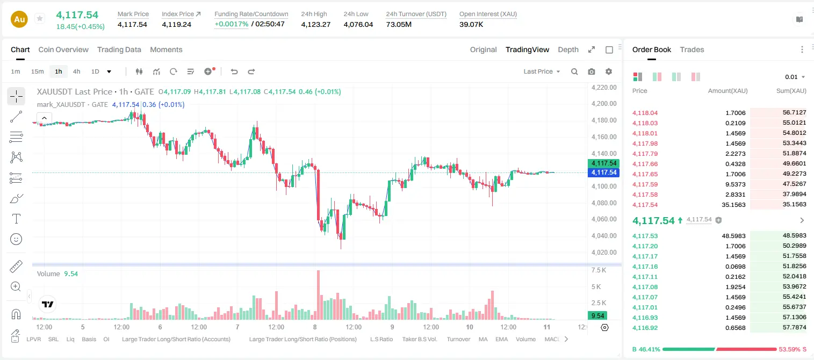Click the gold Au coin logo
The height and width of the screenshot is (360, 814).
pos(19,19)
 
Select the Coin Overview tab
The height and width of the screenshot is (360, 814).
pos(63,50)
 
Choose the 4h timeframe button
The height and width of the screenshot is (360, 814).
pos(76,71)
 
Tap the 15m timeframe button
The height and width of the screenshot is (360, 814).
pos(38,71)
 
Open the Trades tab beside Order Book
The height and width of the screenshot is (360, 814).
pos(692,50)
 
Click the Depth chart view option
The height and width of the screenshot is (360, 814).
pos(568,50)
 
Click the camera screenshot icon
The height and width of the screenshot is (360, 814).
pos(592,71)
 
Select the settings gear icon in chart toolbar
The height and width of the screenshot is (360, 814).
pos(609,71)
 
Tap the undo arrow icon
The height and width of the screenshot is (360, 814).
pos(234,71)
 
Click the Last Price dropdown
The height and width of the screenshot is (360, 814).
pos(542,71)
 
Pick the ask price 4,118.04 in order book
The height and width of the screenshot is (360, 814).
pos(645,113)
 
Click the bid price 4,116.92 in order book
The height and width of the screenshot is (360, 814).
pos(645,328)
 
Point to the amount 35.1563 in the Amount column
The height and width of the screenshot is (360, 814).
pos(733,205)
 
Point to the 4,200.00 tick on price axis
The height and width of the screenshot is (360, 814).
pos(604,104)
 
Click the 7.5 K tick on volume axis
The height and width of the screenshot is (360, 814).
pos(599,270)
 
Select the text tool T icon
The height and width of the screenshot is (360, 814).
pos(16,219)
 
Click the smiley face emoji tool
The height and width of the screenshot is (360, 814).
pos(16,239)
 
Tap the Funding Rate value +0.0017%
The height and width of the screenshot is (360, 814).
pos(232,24)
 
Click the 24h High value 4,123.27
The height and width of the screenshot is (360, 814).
pos(316,24)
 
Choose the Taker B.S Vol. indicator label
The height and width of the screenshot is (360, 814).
pos(419,339)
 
